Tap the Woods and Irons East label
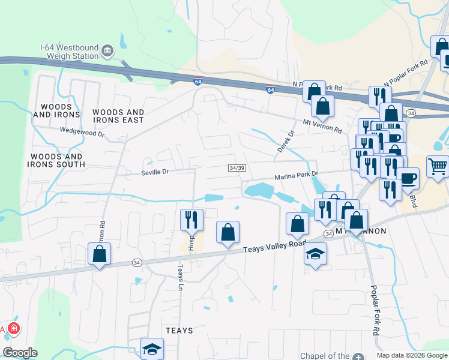(x=118, y=116)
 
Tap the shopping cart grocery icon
(x=438, y=166)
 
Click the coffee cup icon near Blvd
(x=409, y=178)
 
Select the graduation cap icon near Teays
(x=152, y=348)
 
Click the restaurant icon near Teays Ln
(x=191, y=219)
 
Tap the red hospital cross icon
(x=13, y=329)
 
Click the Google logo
(x=20, y=353)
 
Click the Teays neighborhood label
(x=179, y=331)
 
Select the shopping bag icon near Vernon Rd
(x=100, y=254)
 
